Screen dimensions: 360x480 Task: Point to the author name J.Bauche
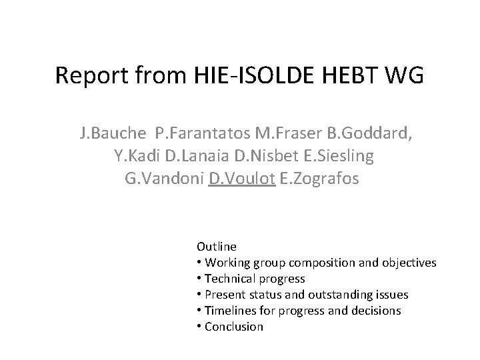(111, 133)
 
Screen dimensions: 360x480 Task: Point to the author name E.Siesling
(327, 156)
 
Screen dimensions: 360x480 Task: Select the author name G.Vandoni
(164, 179)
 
